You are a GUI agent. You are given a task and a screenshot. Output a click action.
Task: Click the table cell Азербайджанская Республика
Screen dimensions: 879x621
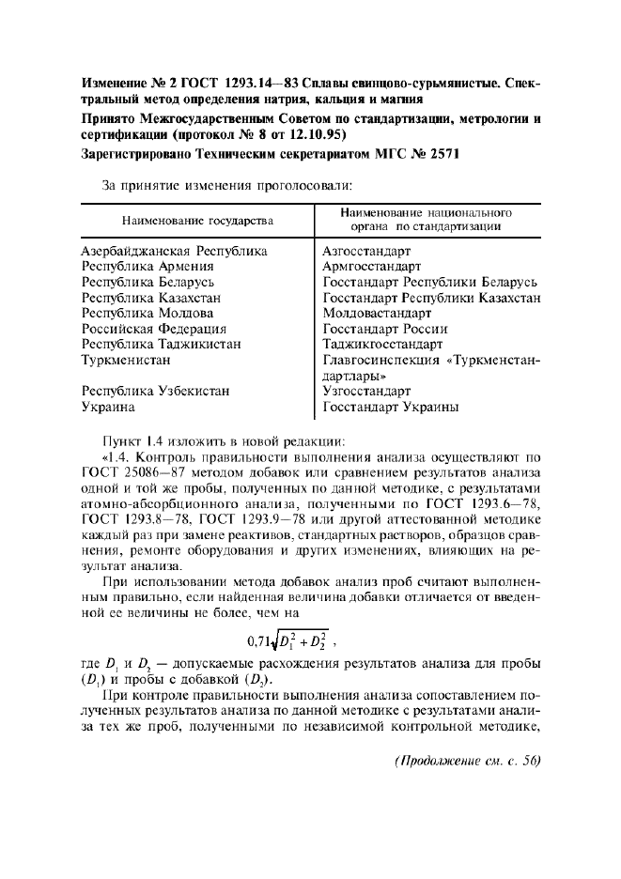point(174,252)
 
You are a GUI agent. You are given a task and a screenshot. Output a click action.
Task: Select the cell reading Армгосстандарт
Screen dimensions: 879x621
point(368,267)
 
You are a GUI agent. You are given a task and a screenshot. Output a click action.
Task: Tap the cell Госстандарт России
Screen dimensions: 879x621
point(384,329)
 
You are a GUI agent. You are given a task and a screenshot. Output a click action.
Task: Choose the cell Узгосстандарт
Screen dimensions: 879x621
point(366,391)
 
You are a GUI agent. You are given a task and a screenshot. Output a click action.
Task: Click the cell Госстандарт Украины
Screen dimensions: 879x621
point(390,407)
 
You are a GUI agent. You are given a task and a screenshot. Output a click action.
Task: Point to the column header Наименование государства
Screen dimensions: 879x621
point(196,221)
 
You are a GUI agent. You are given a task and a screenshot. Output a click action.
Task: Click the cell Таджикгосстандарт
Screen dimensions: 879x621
point(381,345)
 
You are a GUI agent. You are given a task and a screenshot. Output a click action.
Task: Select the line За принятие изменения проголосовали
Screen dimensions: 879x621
point(226,186)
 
